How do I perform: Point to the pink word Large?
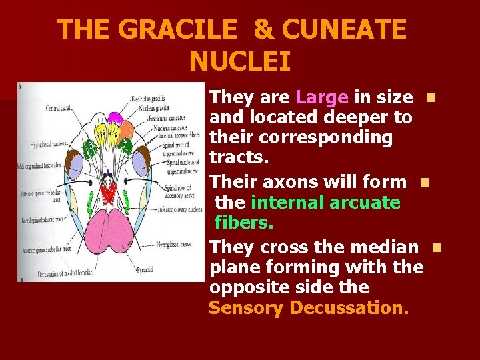tap(322, 97)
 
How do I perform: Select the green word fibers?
tap(244, 222)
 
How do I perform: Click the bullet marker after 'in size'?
tap(431, 98)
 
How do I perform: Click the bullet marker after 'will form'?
tap(422, 181)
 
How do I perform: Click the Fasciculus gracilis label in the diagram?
tap(148, 98)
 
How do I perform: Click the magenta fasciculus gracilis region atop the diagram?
tap(115, 119)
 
